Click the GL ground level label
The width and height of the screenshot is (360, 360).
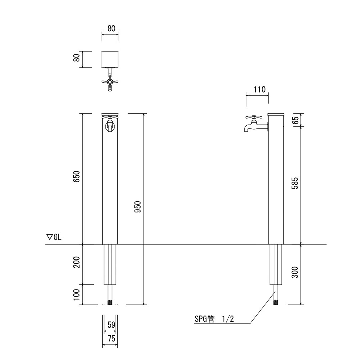[53, 237]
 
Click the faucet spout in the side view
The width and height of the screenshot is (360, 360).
[246, 129]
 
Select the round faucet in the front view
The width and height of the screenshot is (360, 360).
[110, 126]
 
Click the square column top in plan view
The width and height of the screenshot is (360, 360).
[110, 59]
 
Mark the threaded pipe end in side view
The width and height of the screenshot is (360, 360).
[275, 303]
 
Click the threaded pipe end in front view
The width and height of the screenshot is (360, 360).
[110, 303]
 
